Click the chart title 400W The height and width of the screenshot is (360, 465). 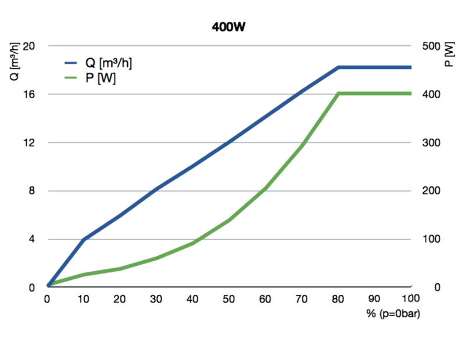coord(228,27)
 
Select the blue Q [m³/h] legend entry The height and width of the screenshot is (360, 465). coord(98,63)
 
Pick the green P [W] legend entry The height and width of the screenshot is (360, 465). coord(90,78)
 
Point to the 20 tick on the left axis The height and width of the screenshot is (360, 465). coord(28,46)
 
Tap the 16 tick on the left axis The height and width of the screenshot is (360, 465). coord(28,94)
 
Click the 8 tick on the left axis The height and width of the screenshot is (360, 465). coord(32,190)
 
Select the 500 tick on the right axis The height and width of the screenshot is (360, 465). coord(431,46)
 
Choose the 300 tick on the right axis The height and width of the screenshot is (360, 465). coord(431,142)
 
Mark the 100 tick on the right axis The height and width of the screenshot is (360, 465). coord(431,239)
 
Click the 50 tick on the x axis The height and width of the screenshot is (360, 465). coord(228,299)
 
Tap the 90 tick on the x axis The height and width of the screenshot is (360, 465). coord(374,299)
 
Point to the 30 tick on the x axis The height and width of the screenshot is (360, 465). coord(156,299)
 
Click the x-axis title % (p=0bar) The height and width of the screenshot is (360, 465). coord(393,314)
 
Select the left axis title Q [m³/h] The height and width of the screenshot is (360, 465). coord(15,62)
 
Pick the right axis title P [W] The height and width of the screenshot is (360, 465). coord(449,54)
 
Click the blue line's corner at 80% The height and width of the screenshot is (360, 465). coord(338,67)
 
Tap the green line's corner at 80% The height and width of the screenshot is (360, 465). coord(338,93)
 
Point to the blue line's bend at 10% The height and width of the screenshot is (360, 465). coord(84,239)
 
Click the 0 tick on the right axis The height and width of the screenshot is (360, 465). coord(437,287)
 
